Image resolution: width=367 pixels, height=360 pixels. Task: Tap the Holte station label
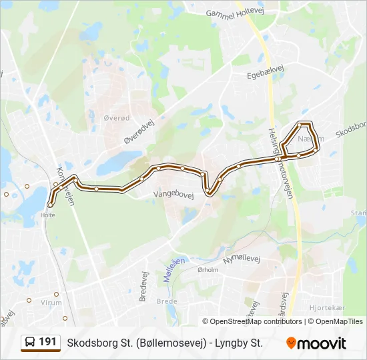point(47,215)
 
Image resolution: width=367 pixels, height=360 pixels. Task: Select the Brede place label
point(167,301)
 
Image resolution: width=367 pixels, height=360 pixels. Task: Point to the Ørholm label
point(208,269)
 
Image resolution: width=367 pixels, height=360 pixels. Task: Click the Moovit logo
point(316,343)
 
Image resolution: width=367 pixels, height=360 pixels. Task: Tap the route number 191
point(47,342)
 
